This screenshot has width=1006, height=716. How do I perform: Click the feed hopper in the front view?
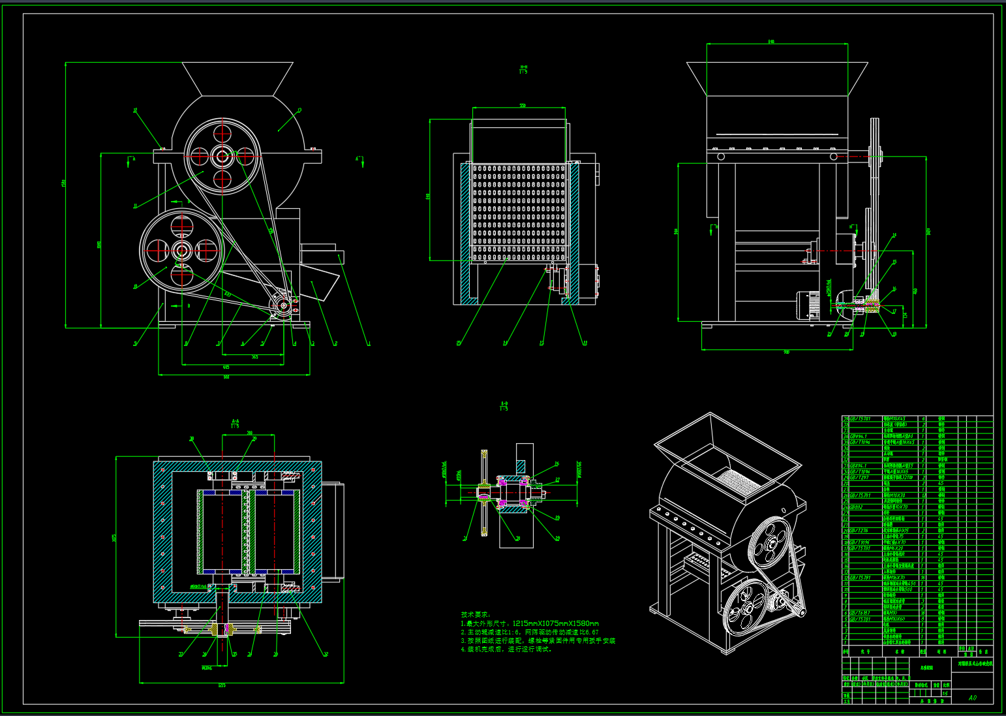237,78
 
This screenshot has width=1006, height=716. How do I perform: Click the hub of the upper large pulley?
222,156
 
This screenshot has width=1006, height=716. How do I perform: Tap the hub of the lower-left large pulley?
181,250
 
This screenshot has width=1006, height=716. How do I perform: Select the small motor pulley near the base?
283,305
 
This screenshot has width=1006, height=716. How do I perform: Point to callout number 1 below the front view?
369,343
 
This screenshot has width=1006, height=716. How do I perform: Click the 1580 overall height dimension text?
64,182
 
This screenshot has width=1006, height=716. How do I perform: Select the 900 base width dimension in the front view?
226,377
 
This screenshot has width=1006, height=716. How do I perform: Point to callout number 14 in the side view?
894,235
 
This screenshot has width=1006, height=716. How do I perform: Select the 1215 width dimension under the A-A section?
222,685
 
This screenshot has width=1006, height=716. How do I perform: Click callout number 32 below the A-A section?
326,654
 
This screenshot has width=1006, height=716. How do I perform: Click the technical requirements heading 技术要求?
475,614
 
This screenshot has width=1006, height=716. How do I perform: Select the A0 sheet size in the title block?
973,697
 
